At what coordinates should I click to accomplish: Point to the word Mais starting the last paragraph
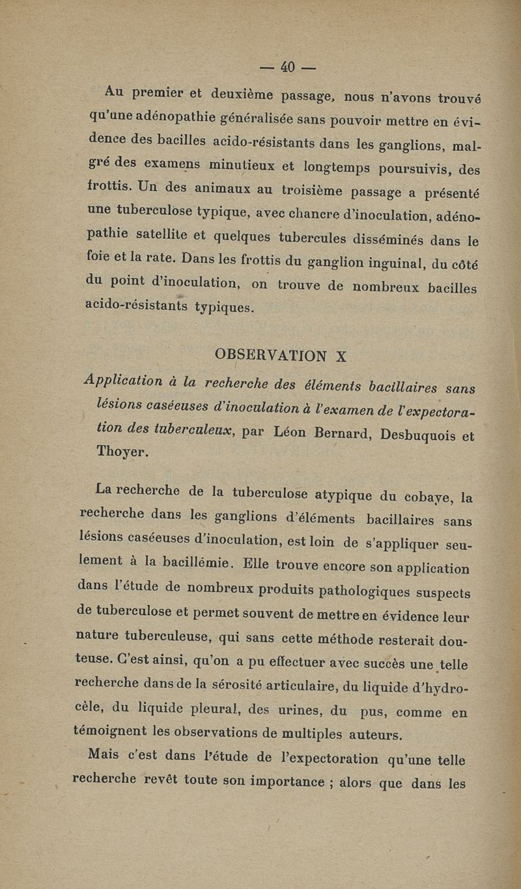pos(107,755)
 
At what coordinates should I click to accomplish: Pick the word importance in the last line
pos(287,780)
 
